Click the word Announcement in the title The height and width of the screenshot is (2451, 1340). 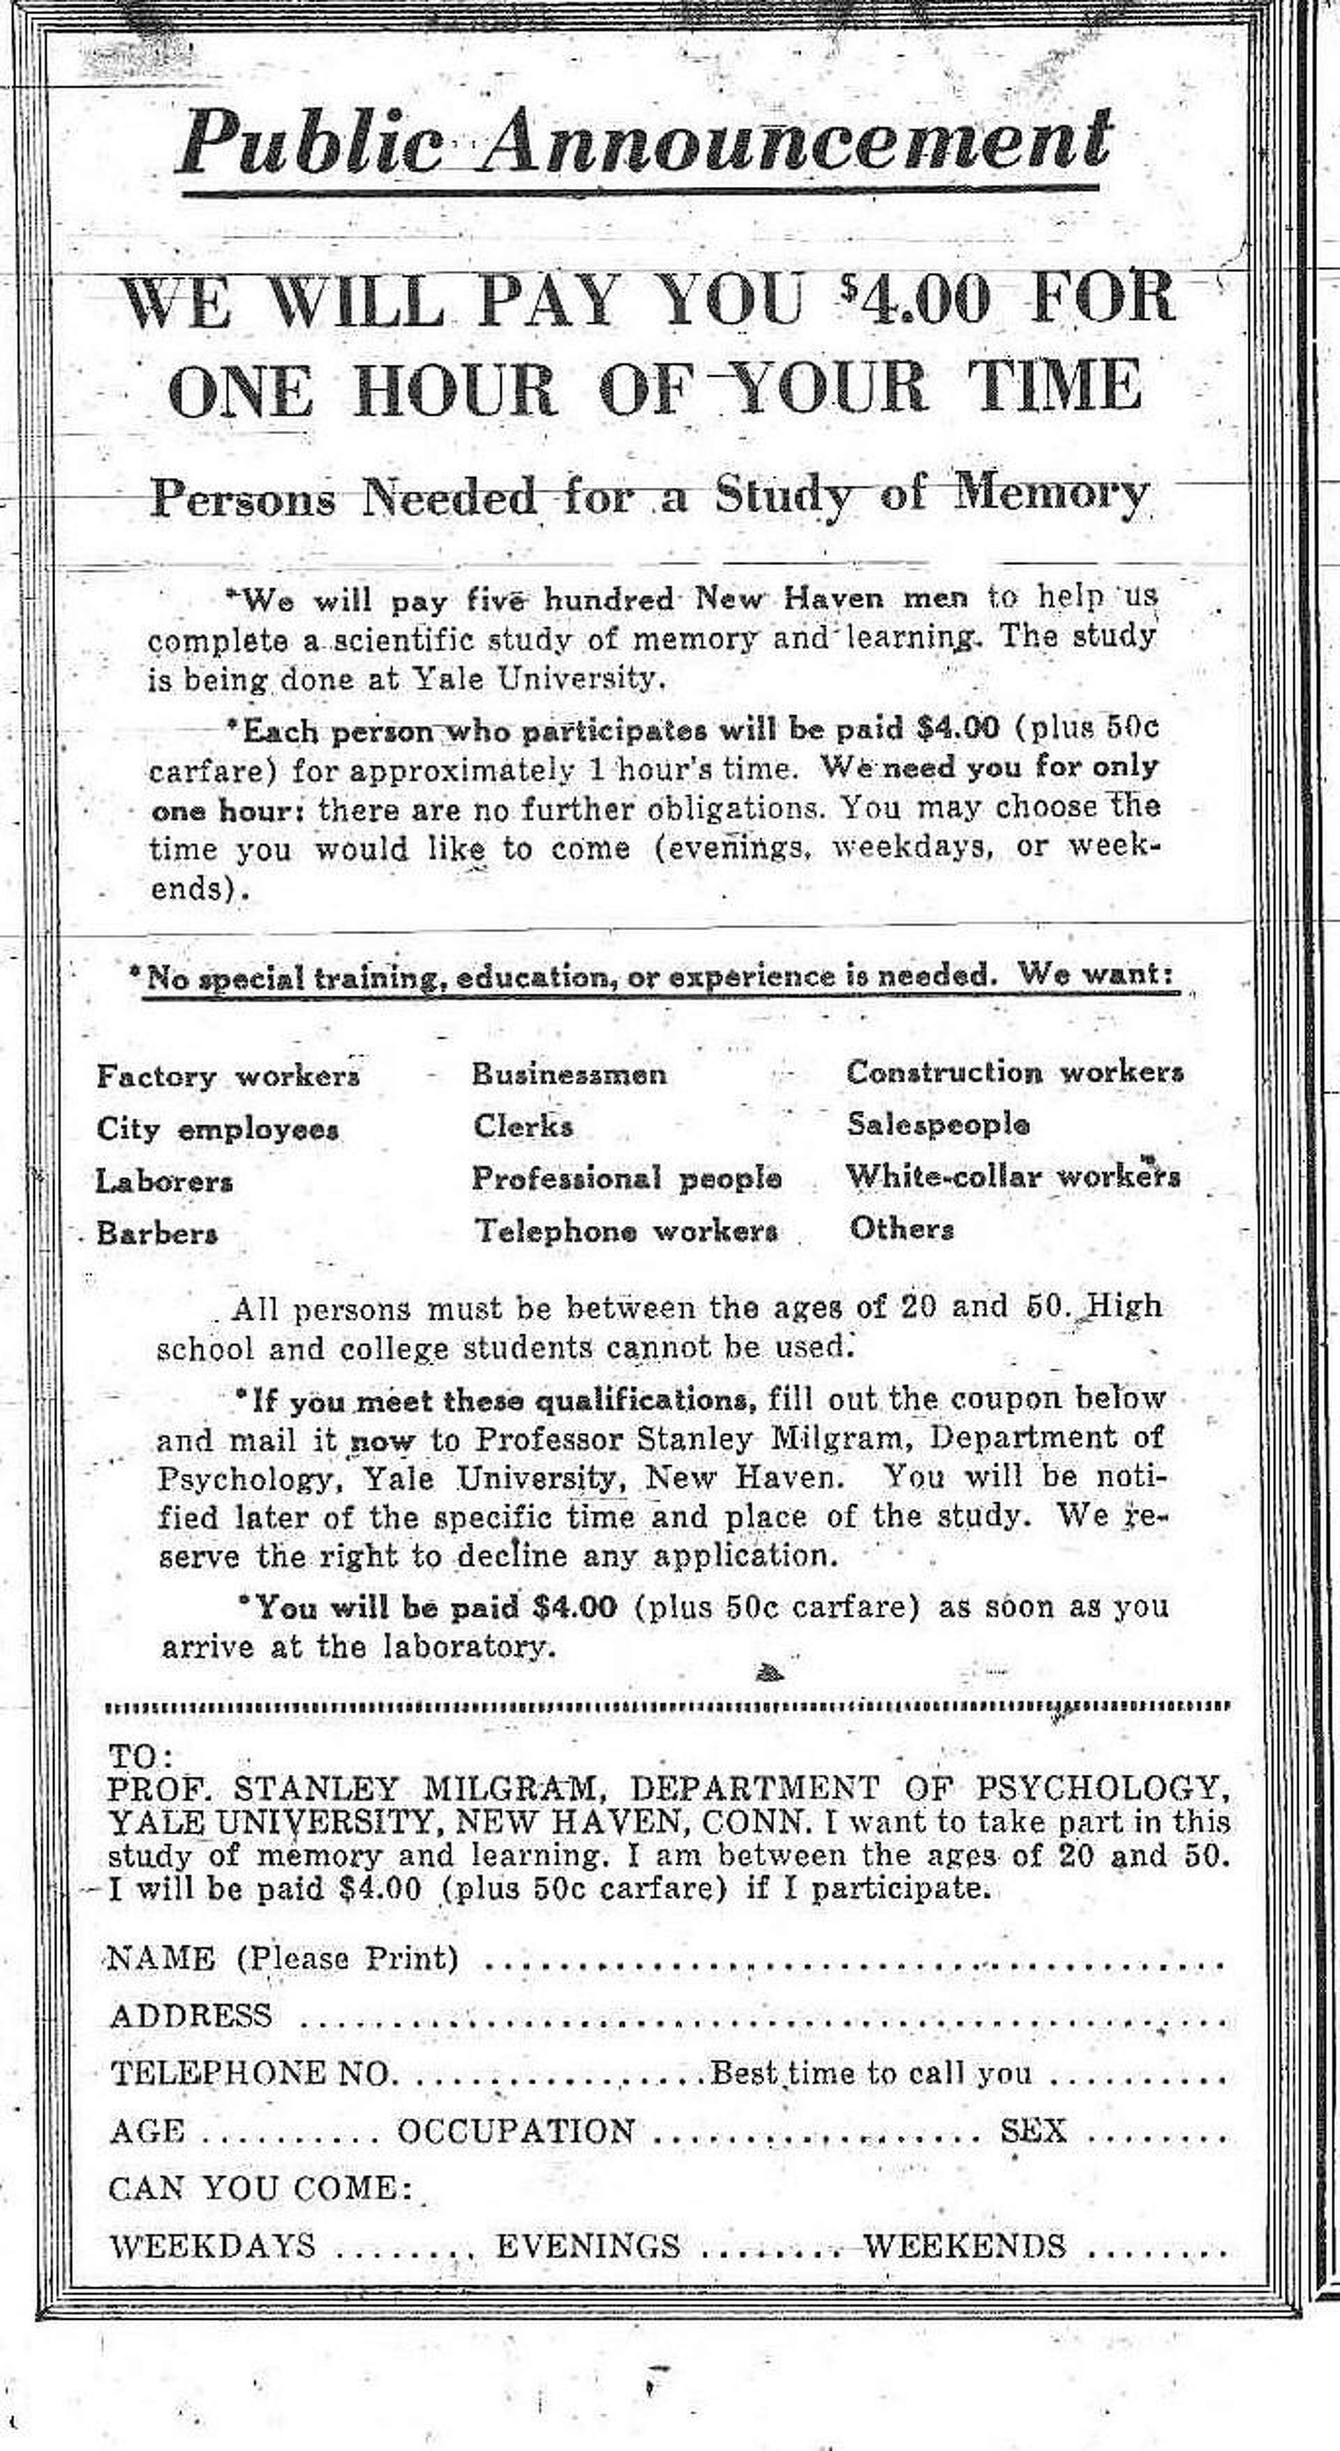(x=796, y=143)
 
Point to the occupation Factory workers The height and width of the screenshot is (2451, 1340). (x=228, y=1076)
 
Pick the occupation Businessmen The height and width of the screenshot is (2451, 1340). (x=569, y=1074)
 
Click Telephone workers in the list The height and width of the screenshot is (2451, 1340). (x=626, y=1230)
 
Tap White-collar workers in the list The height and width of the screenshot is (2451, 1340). (x=1013, y=1177)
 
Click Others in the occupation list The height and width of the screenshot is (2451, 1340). (x=901, y=1229)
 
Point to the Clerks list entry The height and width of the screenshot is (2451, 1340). (x=523, y=1127)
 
